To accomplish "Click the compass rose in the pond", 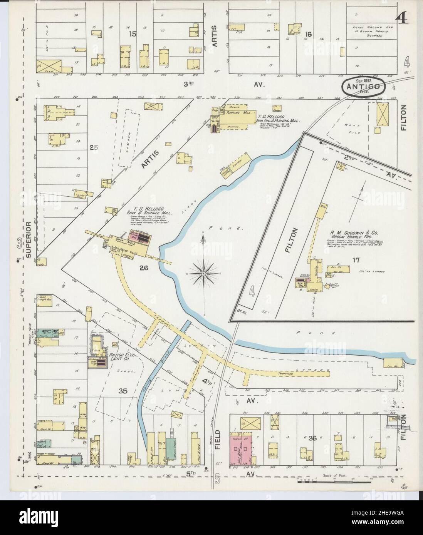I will pos(203,273).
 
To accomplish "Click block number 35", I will pos(123,391).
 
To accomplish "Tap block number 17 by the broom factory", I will pos(355,260).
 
